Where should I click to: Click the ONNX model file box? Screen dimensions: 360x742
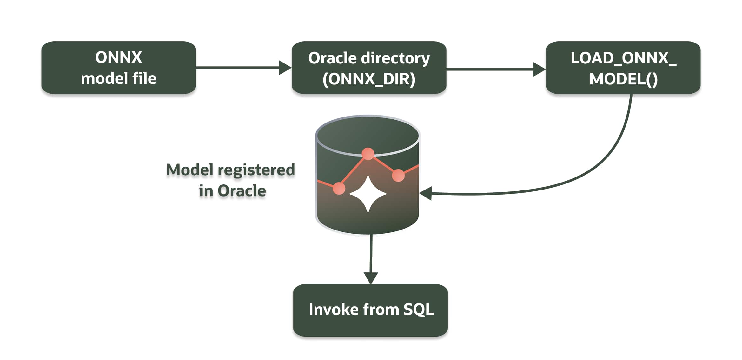click(x=118, y=68)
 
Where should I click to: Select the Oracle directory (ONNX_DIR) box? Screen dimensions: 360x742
click(x=369, y=68)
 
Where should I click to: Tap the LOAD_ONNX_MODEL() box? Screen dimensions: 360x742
click(x=623, y=68)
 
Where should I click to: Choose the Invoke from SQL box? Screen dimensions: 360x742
click(x=370, y=310)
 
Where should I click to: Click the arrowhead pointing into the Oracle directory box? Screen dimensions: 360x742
click(x=285, y=68)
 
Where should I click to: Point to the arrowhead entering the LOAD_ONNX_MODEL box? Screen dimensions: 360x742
click(x=539, y=69)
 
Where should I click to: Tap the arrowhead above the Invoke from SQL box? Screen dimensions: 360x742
click(x=370, y=278)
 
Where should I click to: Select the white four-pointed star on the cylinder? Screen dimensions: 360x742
click(x=368, y=194)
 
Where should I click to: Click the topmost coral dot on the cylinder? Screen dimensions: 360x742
click(x=368, y=154)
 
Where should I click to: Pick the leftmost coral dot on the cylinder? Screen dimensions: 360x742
click(x=339, y=188)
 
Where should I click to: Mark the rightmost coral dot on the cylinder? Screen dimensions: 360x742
click(x=398, y=175)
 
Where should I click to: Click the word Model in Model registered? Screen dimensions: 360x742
click(x=189, y=170)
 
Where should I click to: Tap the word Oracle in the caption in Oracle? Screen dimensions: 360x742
click(x=242, y=191)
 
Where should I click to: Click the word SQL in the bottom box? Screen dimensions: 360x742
click(x=418, y=310)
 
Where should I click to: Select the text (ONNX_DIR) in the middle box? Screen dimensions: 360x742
click(x=369, y=79)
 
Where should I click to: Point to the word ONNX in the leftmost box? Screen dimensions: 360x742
click(x=118, y=57)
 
